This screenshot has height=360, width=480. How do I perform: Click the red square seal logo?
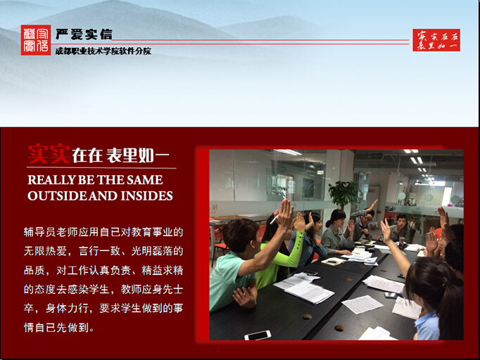click(36, 40)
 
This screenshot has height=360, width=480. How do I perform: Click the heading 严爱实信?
click(84, 34)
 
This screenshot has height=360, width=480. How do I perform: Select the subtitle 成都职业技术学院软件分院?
click(103, 51)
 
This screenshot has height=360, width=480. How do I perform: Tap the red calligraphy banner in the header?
click(436, 40)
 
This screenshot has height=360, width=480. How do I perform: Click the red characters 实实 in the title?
click(49, 154)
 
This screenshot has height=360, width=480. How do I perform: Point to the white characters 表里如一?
click(138, 155)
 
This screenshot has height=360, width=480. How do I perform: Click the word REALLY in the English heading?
click(51, 180)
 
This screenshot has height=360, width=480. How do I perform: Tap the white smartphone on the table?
click(258, 335)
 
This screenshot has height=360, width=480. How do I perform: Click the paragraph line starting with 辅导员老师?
click(103, 232)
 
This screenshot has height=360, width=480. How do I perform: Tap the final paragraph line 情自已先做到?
click(59, 328)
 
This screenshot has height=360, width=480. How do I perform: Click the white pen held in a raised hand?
click(274, 219)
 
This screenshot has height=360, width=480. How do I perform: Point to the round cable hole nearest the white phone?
click(306, 316)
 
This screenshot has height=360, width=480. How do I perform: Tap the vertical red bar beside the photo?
click(203, 245)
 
